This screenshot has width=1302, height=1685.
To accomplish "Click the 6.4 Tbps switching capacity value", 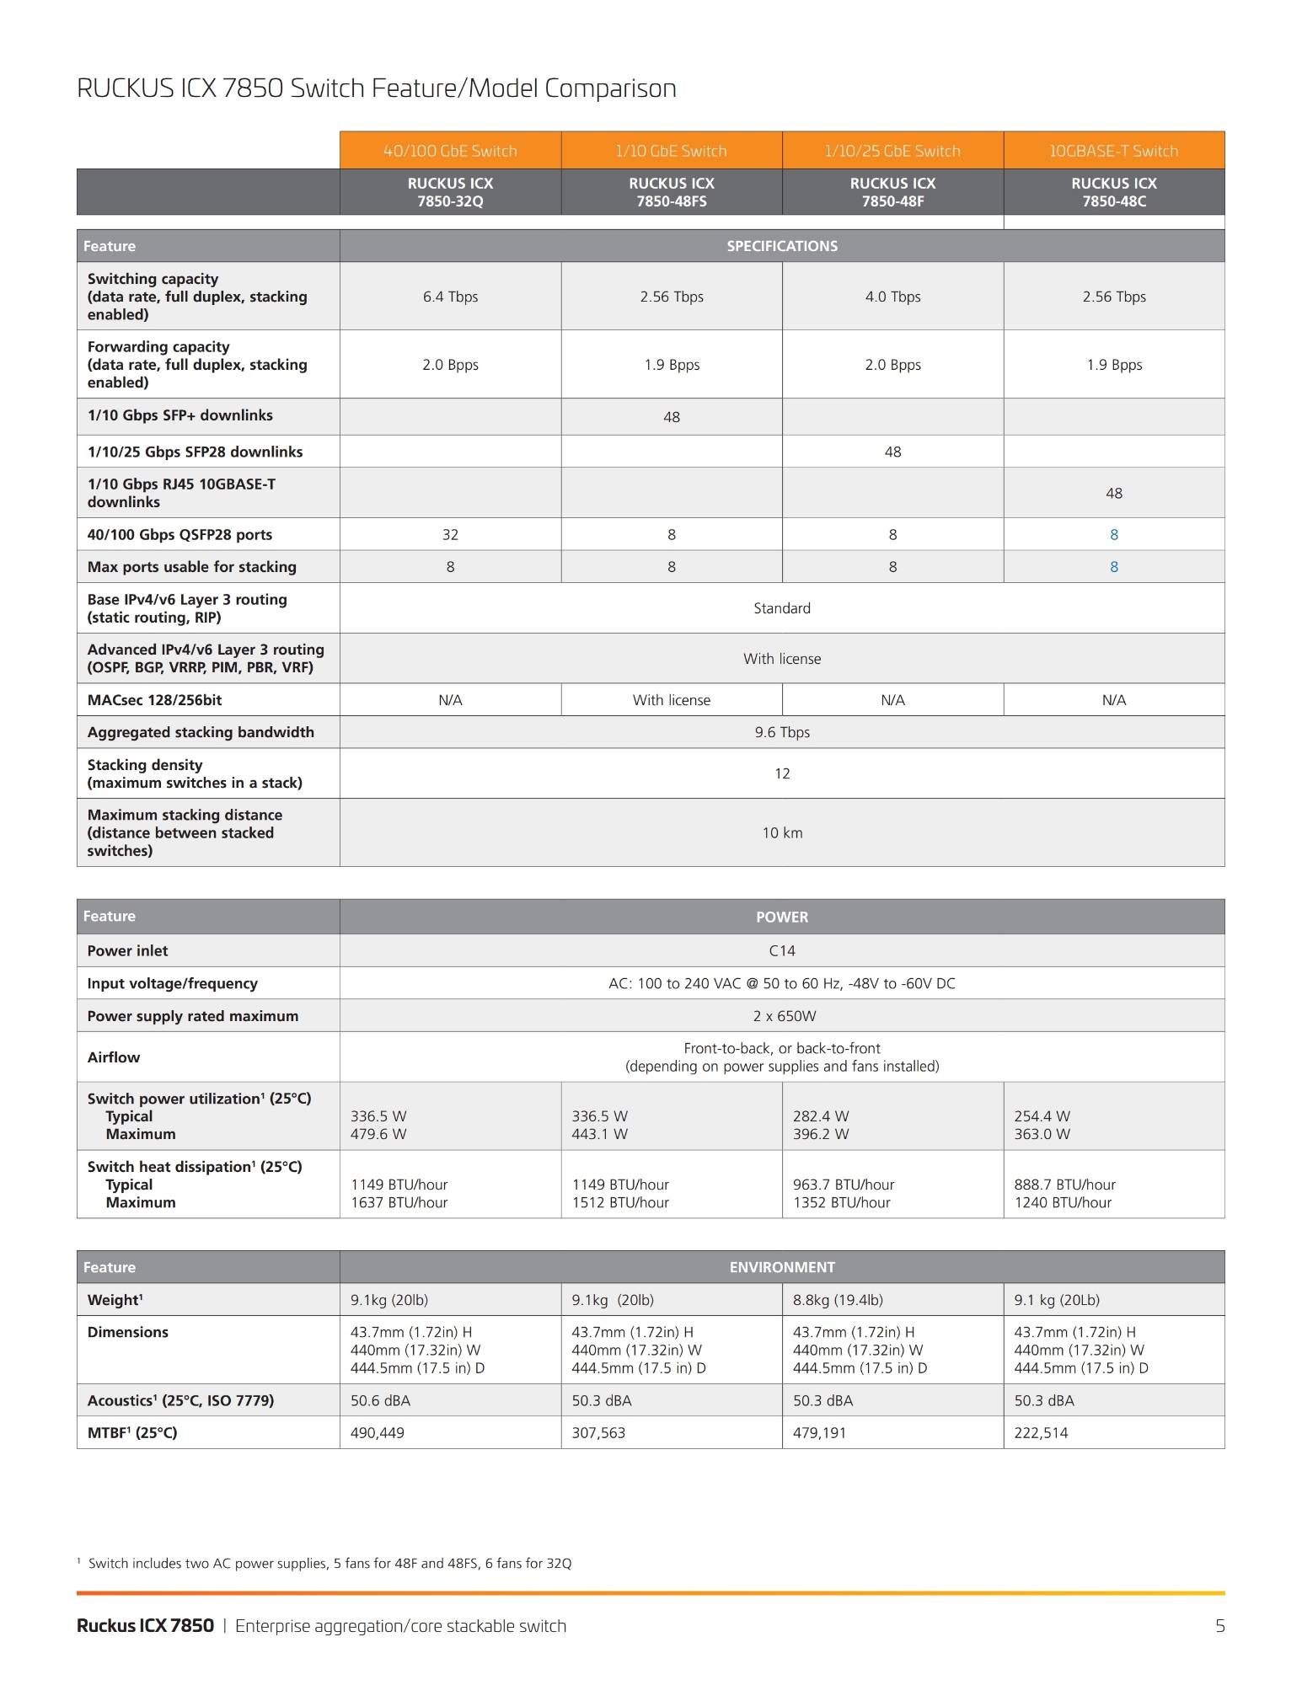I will coord(450,297).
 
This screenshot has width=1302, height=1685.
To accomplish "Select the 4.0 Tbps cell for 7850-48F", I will coord(892,297).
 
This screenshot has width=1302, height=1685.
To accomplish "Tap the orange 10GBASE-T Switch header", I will coord(1113,151).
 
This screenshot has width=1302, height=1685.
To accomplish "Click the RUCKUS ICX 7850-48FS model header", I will coord(672,192).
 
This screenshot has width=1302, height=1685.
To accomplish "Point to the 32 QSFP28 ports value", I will coord(450,535).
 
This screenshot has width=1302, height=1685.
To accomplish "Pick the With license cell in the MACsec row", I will coord(672,700).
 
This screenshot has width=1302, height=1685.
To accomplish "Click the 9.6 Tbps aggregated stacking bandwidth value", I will coord(782,732).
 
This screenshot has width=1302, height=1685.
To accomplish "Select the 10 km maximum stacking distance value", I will coord(782,832).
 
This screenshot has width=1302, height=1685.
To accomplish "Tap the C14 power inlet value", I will coord(782,950).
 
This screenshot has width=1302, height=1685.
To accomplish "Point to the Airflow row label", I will coord(114,1057).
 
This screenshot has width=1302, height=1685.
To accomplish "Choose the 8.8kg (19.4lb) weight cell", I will coord(838,1300).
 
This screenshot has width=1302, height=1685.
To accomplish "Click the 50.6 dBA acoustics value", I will coord(380,1400).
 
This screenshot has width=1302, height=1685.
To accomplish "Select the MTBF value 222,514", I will coord(1041,1433).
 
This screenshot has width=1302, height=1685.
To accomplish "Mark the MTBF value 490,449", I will coord(377,1433).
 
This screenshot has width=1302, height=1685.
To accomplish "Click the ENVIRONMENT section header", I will coord(782,1267).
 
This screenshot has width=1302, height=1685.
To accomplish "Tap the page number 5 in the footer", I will coord(1219,1626).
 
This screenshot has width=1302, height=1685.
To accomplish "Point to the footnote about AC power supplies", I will coord(330,1564).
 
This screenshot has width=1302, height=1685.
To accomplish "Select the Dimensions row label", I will coord(128,1332).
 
